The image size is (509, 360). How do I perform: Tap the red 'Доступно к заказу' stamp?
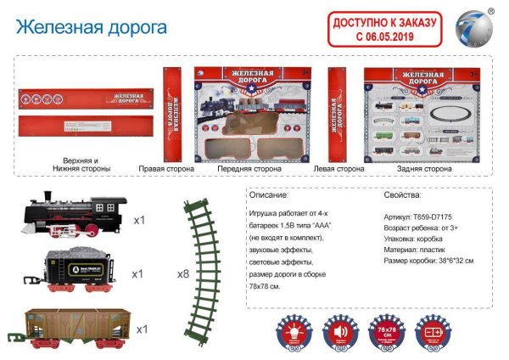tap(387, 31)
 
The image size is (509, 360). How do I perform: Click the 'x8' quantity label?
tap(182, 274)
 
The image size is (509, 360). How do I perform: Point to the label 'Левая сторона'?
tap(338, 169)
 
